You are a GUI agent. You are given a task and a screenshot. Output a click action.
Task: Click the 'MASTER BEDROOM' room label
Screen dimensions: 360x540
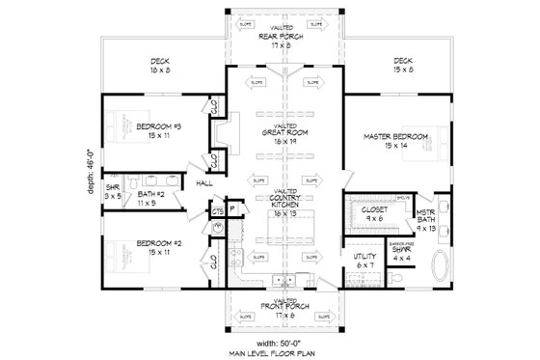click(397, 137)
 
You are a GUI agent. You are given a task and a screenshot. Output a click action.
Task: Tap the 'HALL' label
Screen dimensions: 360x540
click(204, 181)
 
